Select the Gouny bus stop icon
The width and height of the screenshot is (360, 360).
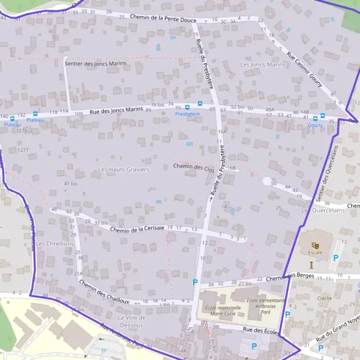(323, 116)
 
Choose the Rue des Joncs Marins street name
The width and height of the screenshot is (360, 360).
(116, 110)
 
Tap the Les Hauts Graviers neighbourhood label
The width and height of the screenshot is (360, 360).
(123, 170)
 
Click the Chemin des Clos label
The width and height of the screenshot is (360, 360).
(193, 167)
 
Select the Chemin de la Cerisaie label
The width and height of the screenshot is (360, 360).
(137, 229)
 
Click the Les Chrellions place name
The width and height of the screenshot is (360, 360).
(54, 244)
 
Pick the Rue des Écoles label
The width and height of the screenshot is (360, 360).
(261, 331)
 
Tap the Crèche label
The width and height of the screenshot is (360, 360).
(325, 298)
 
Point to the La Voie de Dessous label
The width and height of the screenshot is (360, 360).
(131, 321)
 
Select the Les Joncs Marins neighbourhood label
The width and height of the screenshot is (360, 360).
(263, 64)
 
